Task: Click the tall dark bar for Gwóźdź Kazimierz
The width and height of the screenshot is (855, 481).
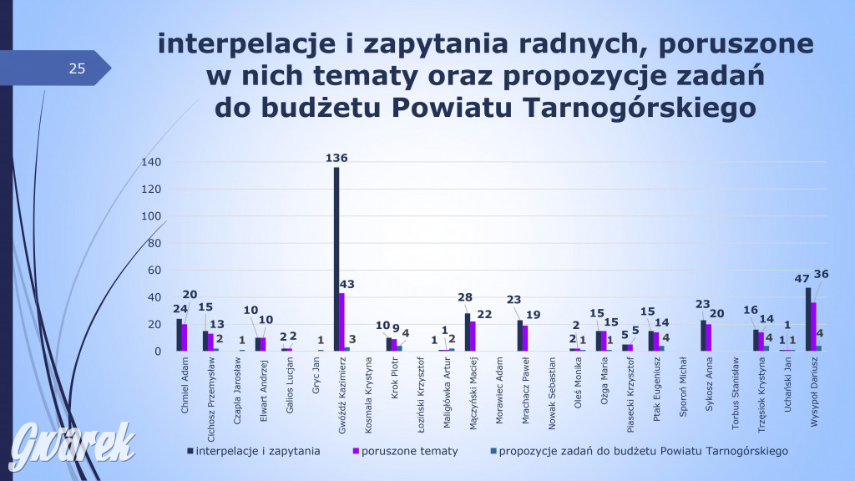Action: point(336,259)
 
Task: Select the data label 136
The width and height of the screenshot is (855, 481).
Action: point(336,157)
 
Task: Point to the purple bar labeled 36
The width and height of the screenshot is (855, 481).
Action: point(813,327)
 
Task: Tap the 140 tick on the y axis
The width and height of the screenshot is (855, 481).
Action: point(151,162)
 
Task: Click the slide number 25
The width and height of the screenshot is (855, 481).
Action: point(77,69)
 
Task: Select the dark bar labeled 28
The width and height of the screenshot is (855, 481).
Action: point(468,332)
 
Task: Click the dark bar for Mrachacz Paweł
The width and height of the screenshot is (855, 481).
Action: point(520,335)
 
